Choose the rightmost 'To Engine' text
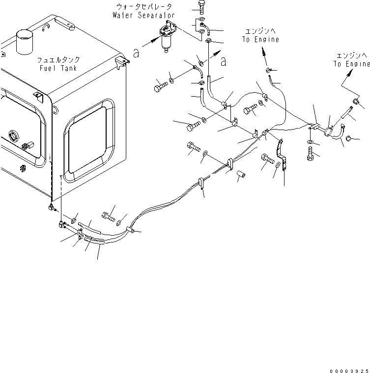351,64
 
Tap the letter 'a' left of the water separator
136,53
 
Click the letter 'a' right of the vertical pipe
224,61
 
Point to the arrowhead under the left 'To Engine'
263,51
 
